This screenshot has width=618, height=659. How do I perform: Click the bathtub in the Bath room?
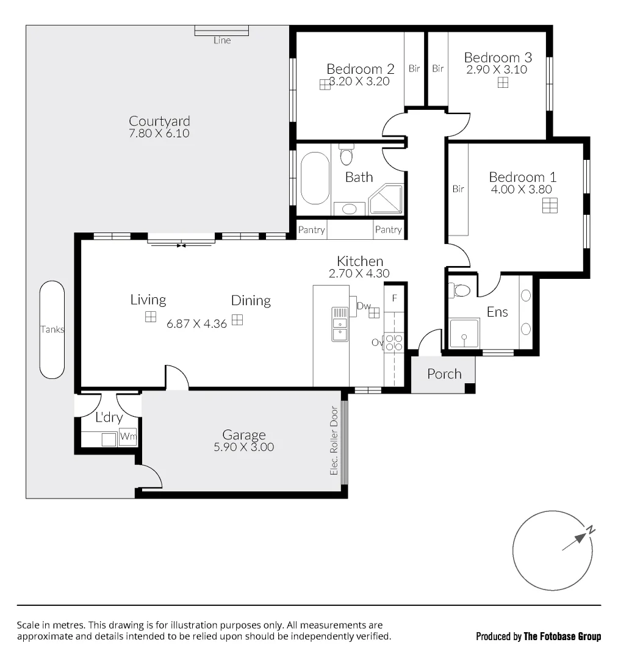tap(315, 178)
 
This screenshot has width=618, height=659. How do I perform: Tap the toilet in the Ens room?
tap(462, 290)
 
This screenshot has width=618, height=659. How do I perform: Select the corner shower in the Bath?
tap(387, 199)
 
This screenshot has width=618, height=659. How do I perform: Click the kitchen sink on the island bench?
tap(340, 323)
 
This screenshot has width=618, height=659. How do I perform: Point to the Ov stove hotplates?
tap(394, 343)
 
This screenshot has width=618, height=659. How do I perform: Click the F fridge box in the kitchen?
tap(395, 298)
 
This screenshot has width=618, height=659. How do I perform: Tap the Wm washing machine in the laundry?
tap(128, 437)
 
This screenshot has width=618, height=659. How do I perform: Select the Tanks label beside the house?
tap(52, 329)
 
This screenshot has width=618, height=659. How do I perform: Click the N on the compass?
tap(590, 531)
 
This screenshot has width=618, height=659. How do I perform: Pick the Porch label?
tap(444, 373)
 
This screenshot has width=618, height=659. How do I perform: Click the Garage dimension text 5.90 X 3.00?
tap(243, 447)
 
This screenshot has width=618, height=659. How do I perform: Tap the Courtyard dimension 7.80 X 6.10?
tap(159, 133)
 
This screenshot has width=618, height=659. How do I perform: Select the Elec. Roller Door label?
tap(334, 441)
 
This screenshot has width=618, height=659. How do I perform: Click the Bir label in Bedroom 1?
tap(458, 189)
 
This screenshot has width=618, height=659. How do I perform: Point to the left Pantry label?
tap(311, 230)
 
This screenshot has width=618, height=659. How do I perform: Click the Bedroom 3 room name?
tap(498, 57)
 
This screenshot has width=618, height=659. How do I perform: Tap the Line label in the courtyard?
tap(222, 40)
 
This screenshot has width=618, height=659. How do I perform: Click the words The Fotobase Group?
tap(562, 636)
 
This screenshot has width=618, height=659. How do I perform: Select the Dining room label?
tap(251, 300)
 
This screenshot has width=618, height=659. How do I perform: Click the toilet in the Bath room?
tap(347, 156)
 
